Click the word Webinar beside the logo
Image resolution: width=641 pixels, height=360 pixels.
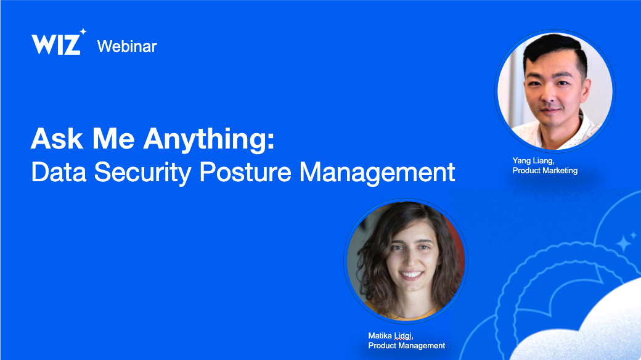pyautogui.click(x=127, y=46)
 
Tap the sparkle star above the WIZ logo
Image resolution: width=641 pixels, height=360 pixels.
pyautogui.click(x=83, y=31)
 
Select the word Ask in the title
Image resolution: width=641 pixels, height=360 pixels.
pyautogui.click(x=57, y=139)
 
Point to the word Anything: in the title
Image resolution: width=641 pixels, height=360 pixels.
pyautogui.click(x=208, y=141)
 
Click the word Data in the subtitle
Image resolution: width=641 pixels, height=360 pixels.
pyautogui.click(x=59, y=172)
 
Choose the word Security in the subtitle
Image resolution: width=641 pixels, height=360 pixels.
pyautogui.click(x=142, y=173)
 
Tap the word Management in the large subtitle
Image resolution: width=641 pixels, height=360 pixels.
pyautogui.click(x=377, y=173)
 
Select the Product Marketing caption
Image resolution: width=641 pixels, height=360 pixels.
pyautogui.click(x=545, y=171)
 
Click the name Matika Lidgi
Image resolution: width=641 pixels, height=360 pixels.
pyautogui.click(x=391, y=336)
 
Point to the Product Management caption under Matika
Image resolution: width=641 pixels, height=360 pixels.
pyautogui.click(x=407, y=346)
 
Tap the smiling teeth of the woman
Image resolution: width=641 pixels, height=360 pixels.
pyautogui.click(x=411, y=274)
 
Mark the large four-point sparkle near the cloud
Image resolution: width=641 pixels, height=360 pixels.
pyautogui.click(x=624, y=243)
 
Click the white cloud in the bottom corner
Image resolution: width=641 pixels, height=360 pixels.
pyautogui.click(x=589, y=327)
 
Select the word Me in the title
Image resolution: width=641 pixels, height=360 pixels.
pyautogui.click(x=113, y=139)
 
